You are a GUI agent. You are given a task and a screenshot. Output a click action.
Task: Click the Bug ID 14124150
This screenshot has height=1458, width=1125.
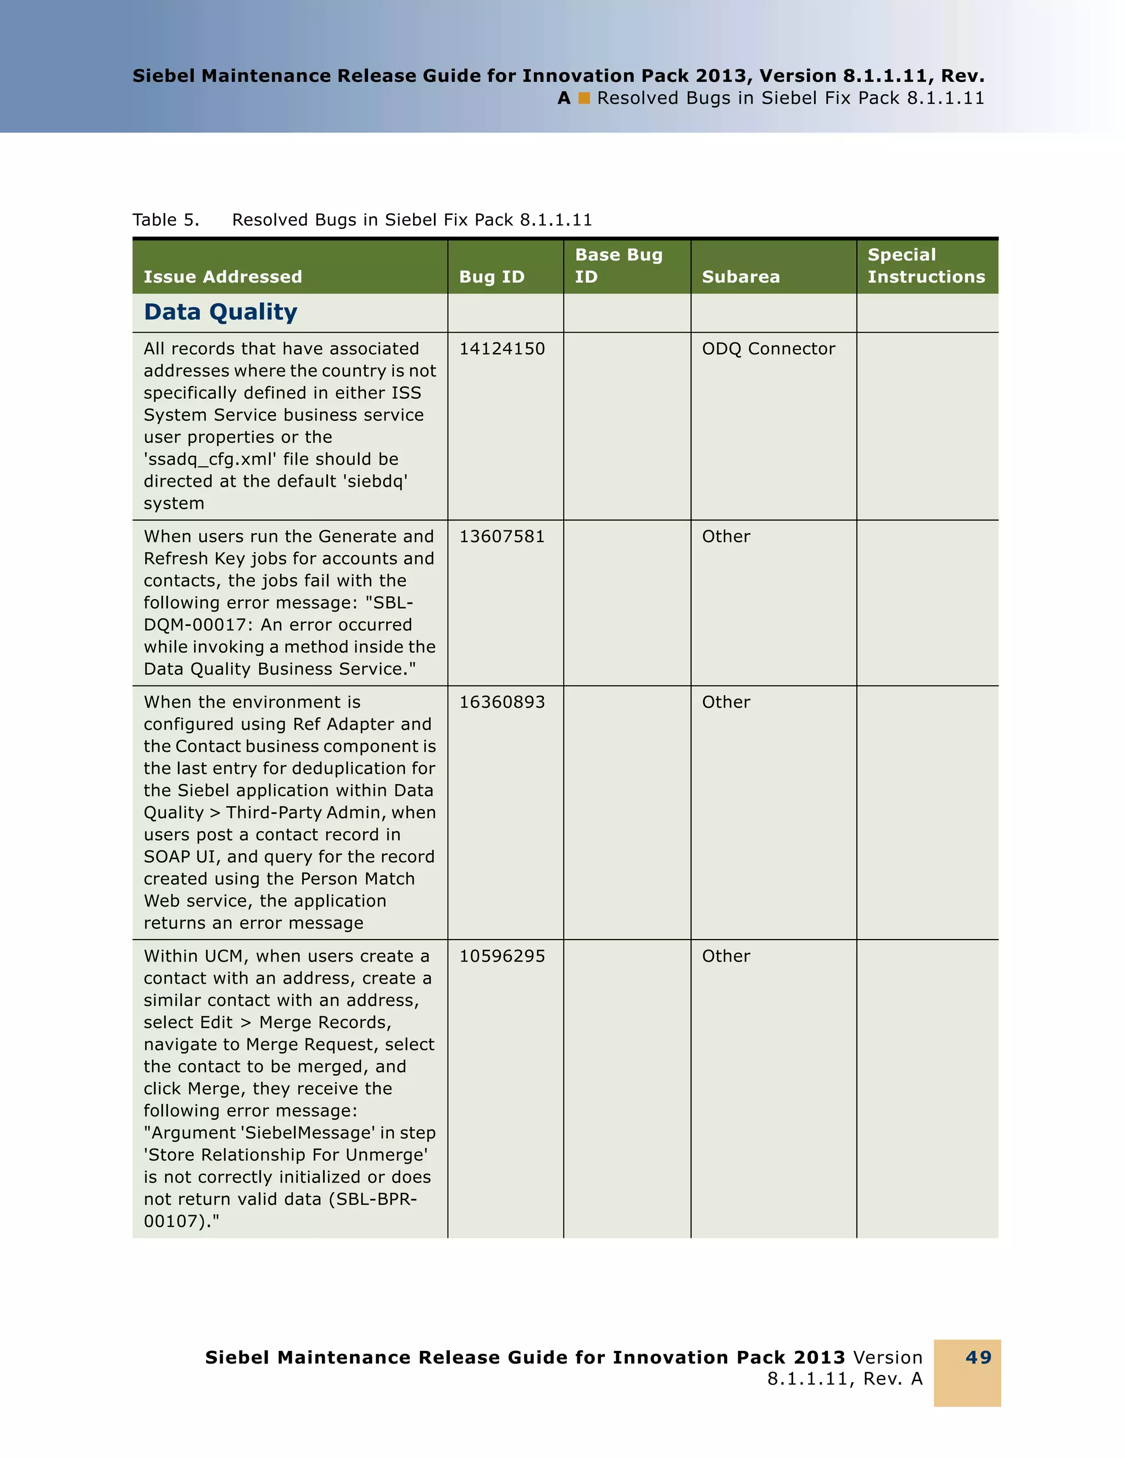[x=502, y=349]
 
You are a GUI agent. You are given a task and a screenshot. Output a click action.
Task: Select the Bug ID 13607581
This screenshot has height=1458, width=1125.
[x=502, y=536]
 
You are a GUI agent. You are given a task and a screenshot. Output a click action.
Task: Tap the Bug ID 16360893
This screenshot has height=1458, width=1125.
[x=502, y=702]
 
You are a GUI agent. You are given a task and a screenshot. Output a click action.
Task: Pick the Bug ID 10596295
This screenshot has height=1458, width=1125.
[x=502, y=956]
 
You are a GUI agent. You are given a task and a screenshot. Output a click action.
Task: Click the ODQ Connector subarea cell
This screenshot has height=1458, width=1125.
[x=768, y=349]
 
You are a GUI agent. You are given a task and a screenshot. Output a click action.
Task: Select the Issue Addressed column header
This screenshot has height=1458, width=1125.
[x=222, y=276]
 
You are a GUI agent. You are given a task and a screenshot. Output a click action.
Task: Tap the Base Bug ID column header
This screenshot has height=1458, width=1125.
[x=618, y=265]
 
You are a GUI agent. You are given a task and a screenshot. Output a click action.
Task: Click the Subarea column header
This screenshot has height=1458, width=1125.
[x=740, y=276]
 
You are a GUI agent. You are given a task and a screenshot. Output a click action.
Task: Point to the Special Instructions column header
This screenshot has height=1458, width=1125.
[x=926, y=265]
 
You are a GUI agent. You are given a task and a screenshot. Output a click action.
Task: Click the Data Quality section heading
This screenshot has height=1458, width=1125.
[x=220, y=312]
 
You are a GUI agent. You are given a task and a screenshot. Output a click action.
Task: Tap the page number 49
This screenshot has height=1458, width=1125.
[x=978, y=1357]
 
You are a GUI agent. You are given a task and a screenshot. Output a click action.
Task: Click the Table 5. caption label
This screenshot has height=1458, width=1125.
[x=165, y=220]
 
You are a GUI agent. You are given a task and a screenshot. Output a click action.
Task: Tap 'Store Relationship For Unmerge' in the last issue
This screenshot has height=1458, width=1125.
[x=286, y=1155]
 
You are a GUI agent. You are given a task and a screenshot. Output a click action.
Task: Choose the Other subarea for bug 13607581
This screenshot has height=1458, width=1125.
[x=726, y=536]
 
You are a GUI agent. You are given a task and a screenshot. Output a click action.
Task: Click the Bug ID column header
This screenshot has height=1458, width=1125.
[x=492, y=276]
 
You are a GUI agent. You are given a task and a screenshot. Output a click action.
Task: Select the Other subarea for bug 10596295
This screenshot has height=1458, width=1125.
[x=726, y=956]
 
